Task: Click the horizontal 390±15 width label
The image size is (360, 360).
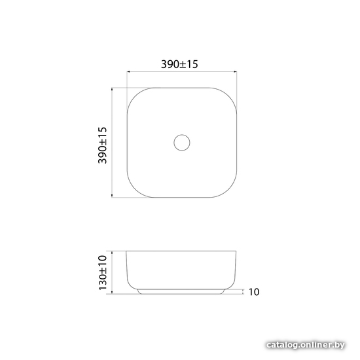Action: tap(179, 64)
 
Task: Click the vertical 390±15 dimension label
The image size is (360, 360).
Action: tap(102, 145)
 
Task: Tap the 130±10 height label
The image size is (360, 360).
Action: tap(103, 272)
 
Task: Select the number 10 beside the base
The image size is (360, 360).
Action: tap(254, 292)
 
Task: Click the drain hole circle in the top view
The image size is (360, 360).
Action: tap(182, 135)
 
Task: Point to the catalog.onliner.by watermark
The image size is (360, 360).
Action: tap(306, 345)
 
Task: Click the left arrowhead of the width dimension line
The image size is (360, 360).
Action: tap(128, 71)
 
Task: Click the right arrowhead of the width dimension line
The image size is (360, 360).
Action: tap(236, 71)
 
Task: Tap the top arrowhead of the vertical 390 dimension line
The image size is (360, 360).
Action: tap(112, 89)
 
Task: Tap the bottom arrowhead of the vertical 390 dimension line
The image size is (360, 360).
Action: tap(112, 196)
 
